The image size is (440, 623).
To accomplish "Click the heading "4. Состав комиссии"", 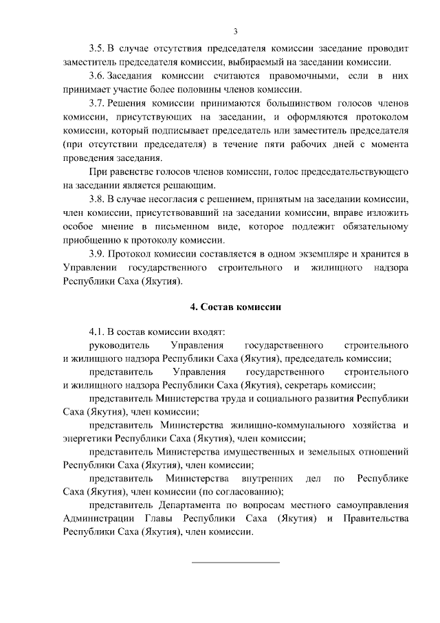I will pyautogui.click(x=235, y=307).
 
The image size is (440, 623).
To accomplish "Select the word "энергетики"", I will pyautogui.click(x=88, y=439).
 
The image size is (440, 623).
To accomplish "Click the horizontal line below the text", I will pyautogui.click(x=235, y=562).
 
